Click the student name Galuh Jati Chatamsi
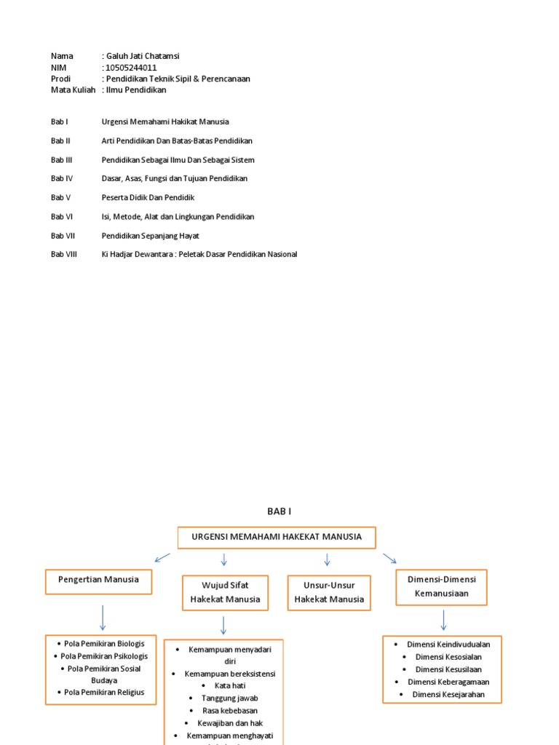pyautogui.click(x=146, y=56)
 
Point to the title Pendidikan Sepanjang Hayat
pyautogui.click(x=150, y=235)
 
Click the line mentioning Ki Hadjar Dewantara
pyautogui.click(x=199, y=254)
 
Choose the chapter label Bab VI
pyautogui.click(x=61, y=216)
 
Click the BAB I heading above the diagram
pyautogui.click(x=279, y=511)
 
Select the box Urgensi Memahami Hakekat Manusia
pyautogui.click(x=277, y=537)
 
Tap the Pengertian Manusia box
pyautogui.click(x=98, y=581)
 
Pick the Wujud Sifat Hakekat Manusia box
pyautogui.click(x=225, y=592)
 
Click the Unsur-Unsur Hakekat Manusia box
pyautogui.click(x=329, y=592)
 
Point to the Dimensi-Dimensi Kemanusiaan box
pyautogui.click(x=441, y=586)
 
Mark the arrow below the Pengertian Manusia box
pyautogui.click(x=103, y=618)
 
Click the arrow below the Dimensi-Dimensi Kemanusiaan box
pyautogui.click(x=443, y=620)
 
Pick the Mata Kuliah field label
pyautogui.click(x=73, y=90)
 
